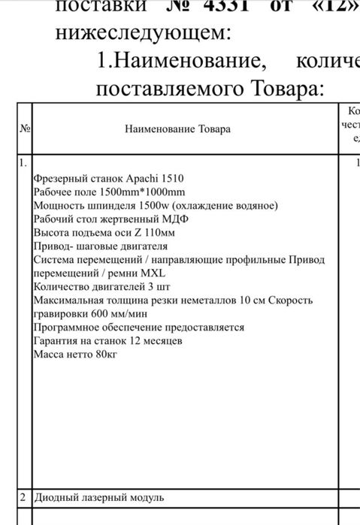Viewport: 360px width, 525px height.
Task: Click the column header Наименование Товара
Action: click(x=178, y=128)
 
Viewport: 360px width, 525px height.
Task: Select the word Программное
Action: click(x=67, y=327)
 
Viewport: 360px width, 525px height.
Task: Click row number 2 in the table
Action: click(x=23, y=497)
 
